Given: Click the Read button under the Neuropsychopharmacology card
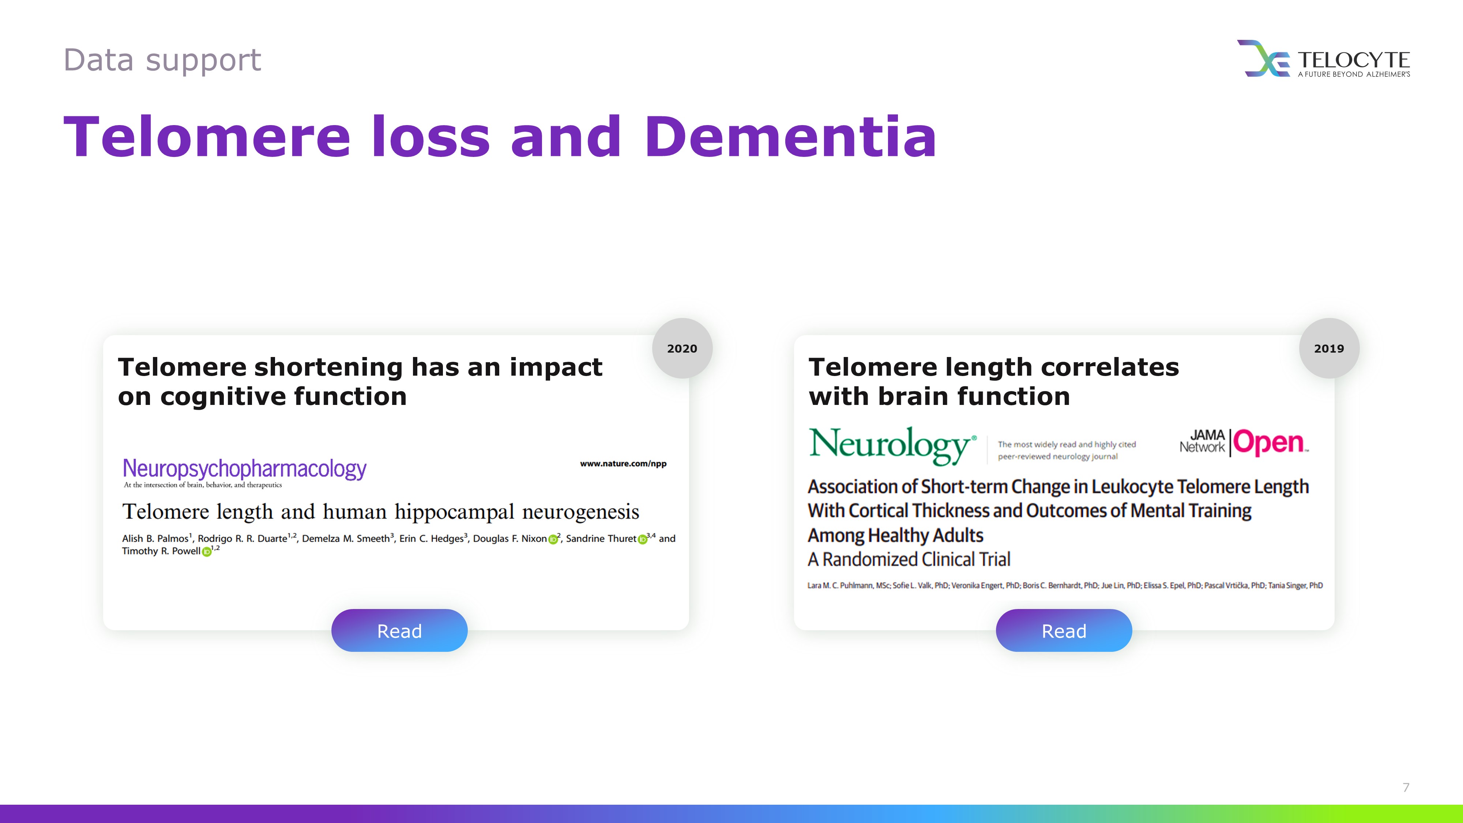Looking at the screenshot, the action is [x=399, y=631].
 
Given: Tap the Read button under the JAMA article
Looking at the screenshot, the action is [x=1064, y=631].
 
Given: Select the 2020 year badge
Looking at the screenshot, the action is [x=682, y=348].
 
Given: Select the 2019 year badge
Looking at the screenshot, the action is [x=1329, y=348].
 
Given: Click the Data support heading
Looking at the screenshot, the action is [x=162, y=60].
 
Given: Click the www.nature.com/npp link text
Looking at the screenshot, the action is [x=623, y=463].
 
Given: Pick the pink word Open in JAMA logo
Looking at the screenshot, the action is [x=1270, y=443].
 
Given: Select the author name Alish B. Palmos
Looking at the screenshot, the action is [x=155, y=538].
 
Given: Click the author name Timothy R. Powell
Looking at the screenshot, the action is [x=161, y=551].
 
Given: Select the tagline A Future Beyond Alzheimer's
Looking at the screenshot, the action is [x=1354, y=74].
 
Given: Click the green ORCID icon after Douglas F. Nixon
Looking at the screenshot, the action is [x=553, y=539].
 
